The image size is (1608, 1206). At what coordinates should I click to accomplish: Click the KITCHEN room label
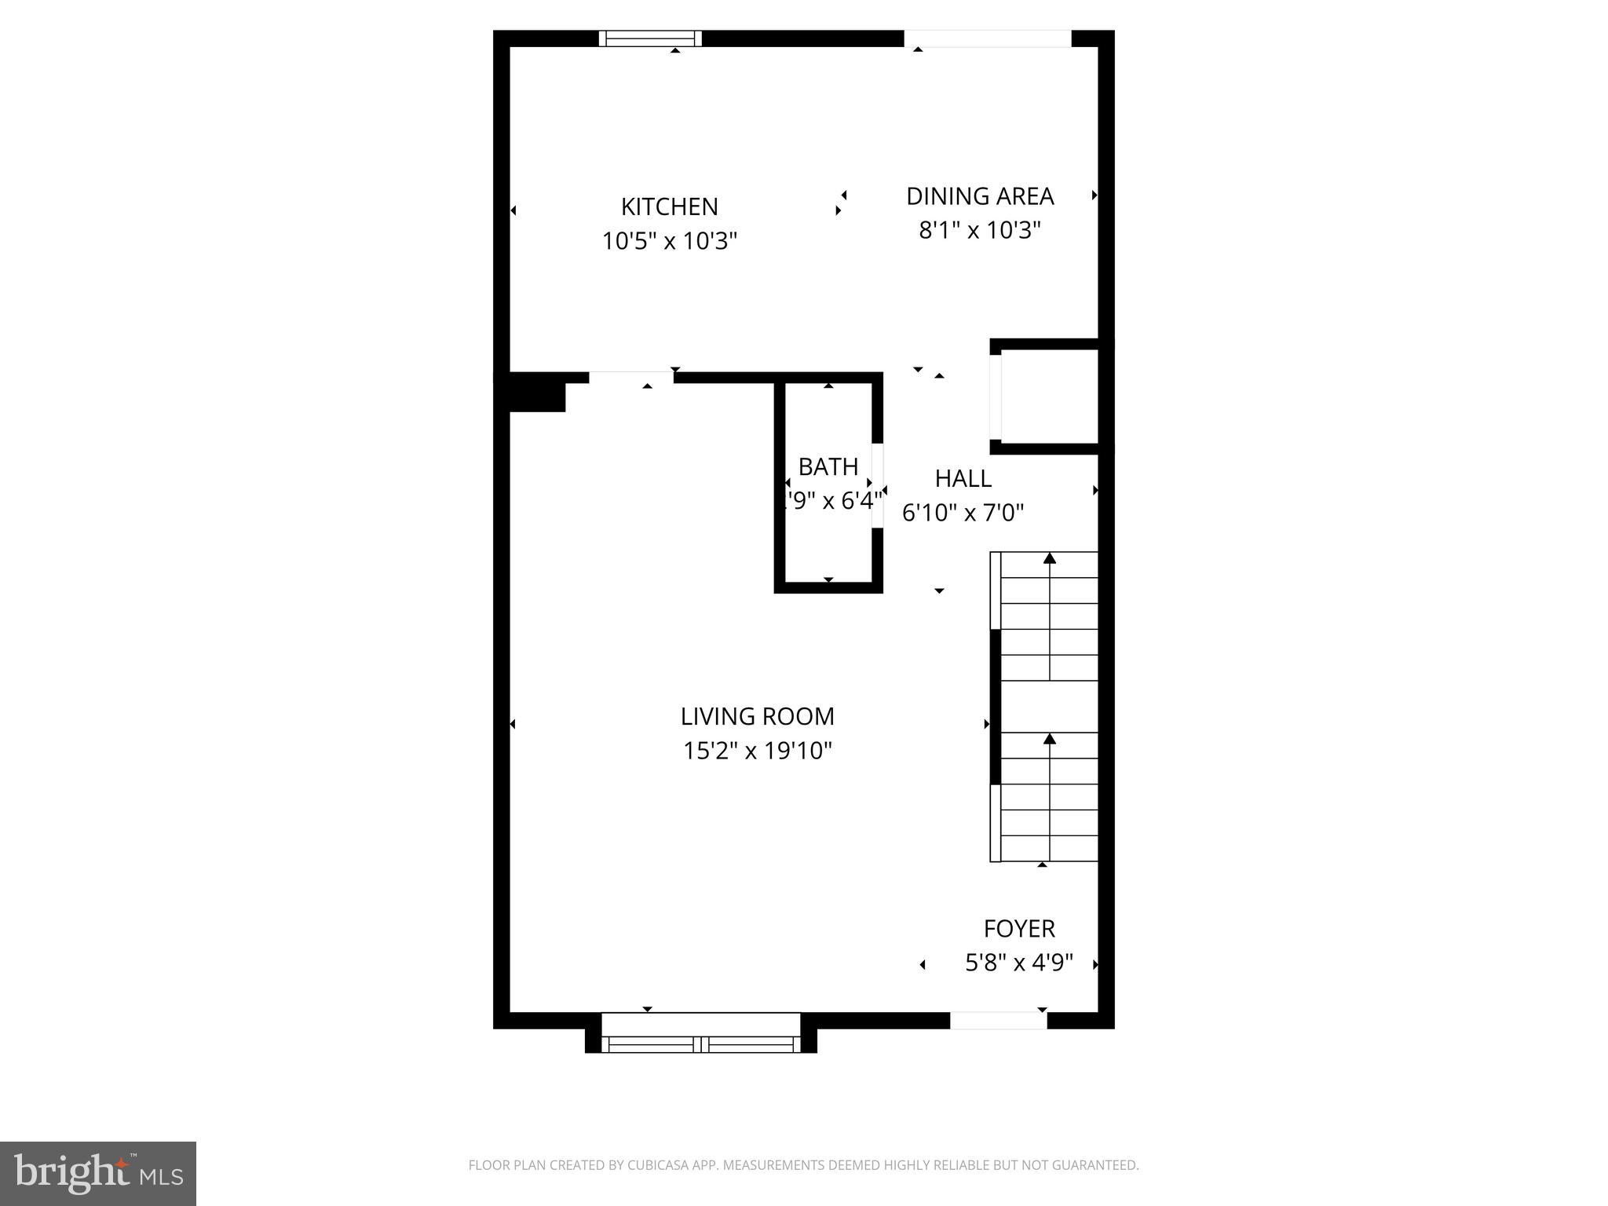tap(669, 206)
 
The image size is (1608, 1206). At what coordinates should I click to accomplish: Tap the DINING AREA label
tap(979, 196)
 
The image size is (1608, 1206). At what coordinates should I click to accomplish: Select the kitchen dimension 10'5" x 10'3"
tap(669, 241)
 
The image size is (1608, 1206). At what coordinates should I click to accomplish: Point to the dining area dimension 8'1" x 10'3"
tap(979, 231)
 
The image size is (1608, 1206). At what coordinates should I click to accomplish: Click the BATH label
tap(828, 467)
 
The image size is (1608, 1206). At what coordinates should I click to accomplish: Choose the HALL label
tap(963, 478)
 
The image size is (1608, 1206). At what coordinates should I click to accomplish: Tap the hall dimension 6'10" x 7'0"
tap(963, 513)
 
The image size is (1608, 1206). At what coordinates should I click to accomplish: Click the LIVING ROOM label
tap(757, 716)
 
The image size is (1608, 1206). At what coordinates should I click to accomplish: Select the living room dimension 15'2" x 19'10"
tap(757, 751)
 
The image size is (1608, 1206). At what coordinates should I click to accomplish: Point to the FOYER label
tap(1018, 929)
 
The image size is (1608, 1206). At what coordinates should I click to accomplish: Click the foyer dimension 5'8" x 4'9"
tap(1018, 963)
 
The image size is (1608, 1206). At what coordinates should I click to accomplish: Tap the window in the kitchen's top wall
tap(650, 38)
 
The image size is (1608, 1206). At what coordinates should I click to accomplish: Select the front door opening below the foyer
tap(998, 1021)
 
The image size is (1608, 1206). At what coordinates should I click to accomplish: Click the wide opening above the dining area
tap(987, 38)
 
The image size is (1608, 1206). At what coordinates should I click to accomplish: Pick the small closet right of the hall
tap(1049, 396)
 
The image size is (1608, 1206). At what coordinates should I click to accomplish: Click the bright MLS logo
tap(98, 1174)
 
